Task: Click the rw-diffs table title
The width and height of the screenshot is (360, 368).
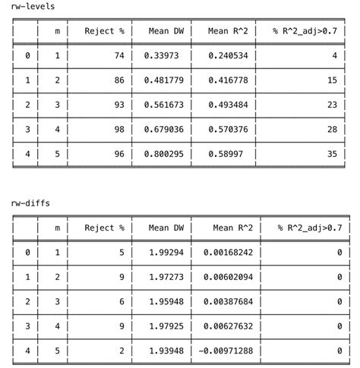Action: [30, 203]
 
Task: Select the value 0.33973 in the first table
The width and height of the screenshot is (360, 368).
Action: [162, 55]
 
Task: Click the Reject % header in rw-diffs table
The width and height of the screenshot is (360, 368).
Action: [104, 228]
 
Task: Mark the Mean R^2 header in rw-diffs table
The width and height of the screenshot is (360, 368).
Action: [233, 228]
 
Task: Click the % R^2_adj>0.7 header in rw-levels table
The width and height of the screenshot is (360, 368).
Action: [307, 31]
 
